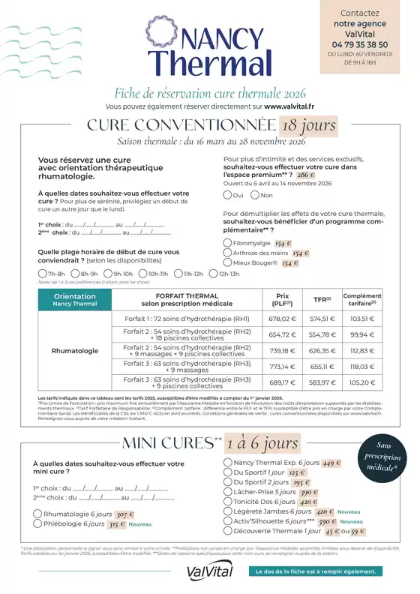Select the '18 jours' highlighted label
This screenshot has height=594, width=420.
point(308,126)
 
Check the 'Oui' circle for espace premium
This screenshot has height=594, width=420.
point(227,195)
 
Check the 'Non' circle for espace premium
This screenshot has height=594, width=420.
point(255,195)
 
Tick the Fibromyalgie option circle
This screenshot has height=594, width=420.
point(227,244)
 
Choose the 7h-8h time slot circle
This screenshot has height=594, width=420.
point(42,274)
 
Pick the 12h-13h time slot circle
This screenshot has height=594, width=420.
point(212,274)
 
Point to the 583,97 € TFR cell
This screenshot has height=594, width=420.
point(320,382)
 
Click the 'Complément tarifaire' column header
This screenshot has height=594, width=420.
point(361,300)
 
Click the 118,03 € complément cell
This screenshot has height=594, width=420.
point(361,366)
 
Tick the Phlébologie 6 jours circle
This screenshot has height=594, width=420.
point(37,524)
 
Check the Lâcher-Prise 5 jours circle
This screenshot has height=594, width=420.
point(227,492)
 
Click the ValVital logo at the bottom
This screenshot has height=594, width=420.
point(210,571)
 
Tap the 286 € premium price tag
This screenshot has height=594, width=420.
point(307,173)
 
